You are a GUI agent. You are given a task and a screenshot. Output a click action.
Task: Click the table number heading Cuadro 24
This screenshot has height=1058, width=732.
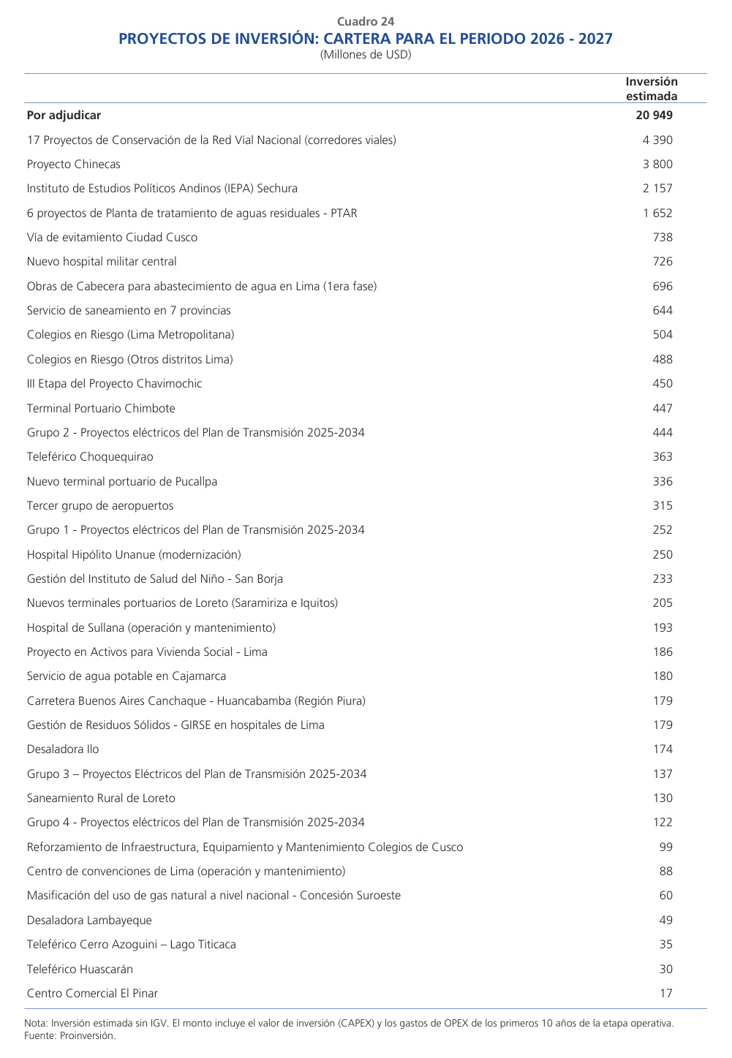click(366, 22)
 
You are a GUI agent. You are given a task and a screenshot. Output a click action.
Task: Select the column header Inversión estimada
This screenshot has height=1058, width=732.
click(651, 88)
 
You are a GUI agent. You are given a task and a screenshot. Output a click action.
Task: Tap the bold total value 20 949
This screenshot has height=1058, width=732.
click(654, 116)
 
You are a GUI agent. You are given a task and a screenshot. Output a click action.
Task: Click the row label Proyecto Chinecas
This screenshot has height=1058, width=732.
click(73, 165)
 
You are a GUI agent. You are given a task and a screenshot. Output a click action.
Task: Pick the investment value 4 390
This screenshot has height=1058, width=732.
click(657, 140)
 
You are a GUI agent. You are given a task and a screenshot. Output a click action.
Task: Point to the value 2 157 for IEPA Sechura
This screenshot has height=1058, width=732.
click(657, 189)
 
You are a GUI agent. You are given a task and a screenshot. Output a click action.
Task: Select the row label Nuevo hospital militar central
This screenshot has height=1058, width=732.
click(102, 262)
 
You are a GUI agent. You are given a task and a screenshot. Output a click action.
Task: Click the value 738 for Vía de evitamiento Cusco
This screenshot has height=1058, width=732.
click(663, 238)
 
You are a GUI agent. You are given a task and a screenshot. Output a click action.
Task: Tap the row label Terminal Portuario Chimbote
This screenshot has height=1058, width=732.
click(101, 408)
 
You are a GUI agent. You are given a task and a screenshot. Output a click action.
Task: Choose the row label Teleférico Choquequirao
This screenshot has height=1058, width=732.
click(90, 457)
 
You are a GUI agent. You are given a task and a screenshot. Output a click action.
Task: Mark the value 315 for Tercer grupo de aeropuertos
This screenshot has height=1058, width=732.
click(663, 506)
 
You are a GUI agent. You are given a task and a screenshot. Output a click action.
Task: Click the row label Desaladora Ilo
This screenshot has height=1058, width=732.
click(63, 749)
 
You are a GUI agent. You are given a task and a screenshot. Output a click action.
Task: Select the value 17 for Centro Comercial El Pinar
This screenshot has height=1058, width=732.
click(665, 994)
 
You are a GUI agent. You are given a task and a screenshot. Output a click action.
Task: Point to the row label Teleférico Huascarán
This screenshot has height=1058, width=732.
click(80, 970)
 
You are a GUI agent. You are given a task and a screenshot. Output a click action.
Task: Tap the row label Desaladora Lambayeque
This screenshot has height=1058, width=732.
click(89, 921)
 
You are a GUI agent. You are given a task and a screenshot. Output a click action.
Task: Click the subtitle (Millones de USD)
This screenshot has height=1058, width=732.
click(366, 55)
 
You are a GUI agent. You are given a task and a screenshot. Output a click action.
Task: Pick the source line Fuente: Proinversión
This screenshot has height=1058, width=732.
click(70, 1035)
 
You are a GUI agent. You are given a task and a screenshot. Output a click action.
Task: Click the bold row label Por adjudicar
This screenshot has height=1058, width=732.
click(64, 116)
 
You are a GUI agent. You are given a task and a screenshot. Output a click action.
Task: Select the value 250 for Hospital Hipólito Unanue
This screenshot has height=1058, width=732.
click(663, 555)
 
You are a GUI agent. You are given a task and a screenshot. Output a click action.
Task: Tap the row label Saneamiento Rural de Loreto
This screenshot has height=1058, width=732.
click(101, 798)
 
